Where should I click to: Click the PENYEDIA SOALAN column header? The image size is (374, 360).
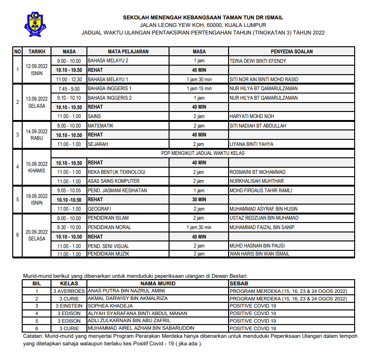pos(291,51)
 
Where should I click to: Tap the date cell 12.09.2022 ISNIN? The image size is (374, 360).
pos(37,70)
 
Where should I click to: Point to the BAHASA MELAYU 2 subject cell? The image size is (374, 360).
pos(108,61)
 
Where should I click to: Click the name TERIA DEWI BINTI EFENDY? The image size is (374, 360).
pos(258,61)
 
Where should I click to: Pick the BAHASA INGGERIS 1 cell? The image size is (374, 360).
pos(110,88)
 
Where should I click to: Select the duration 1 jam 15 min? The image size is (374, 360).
pos(199,88)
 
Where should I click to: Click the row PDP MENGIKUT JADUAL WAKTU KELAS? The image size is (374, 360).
pos(203,153)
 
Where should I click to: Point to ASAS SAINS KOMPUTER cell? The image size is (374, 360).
pos(114,181)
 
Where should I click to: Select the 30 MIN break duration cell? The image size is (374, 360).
pos(199,199)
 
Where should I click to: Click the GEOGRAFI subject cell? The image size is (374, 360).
pos(100,208)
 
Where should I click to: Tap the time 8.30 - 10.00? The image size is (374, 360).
pos(69,227)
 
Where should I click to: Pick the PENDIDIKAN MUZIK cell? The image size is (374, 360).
pos(109,254)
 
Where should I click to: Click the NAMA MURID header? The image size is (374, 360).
pos(157,283)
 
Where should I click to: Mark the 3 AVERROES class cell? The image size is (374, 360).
pos(69,291)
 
